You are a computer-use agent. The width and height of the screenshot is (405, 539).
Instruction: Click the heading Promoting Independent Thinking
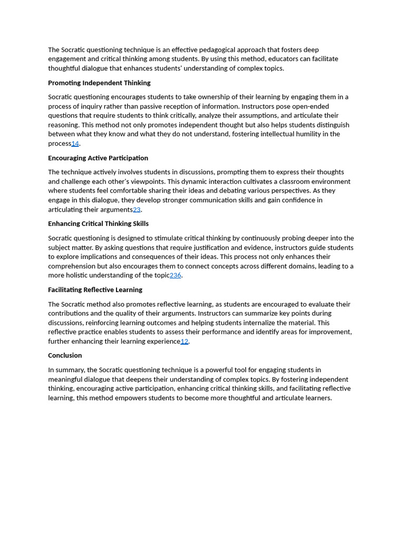coord(99,83)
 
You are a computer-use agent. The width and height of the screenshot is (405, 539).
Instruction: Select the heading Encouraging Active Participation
coord(98,158)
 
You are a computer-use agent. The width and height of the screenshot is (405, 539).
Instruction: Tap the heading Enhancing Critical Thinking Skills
coord(98,224)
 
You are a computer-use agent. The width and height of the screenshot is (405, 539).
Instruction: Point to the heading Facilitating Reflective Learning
coord(95,290)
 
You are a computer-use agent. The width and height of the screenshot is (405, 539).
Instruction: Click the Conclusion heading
coord(65,355)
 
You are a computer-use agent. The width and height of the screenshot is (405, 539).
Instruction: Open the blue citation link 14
coord(75,144)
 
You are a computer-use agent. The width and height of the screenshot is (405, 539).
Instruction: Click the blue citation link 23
coord(137,209)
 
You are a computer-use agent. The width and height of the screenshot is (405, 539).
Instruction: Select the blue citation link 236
coord(175,275)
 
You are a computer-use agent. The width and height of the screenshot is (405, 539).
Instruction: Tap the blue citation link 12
coord(184,341)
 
